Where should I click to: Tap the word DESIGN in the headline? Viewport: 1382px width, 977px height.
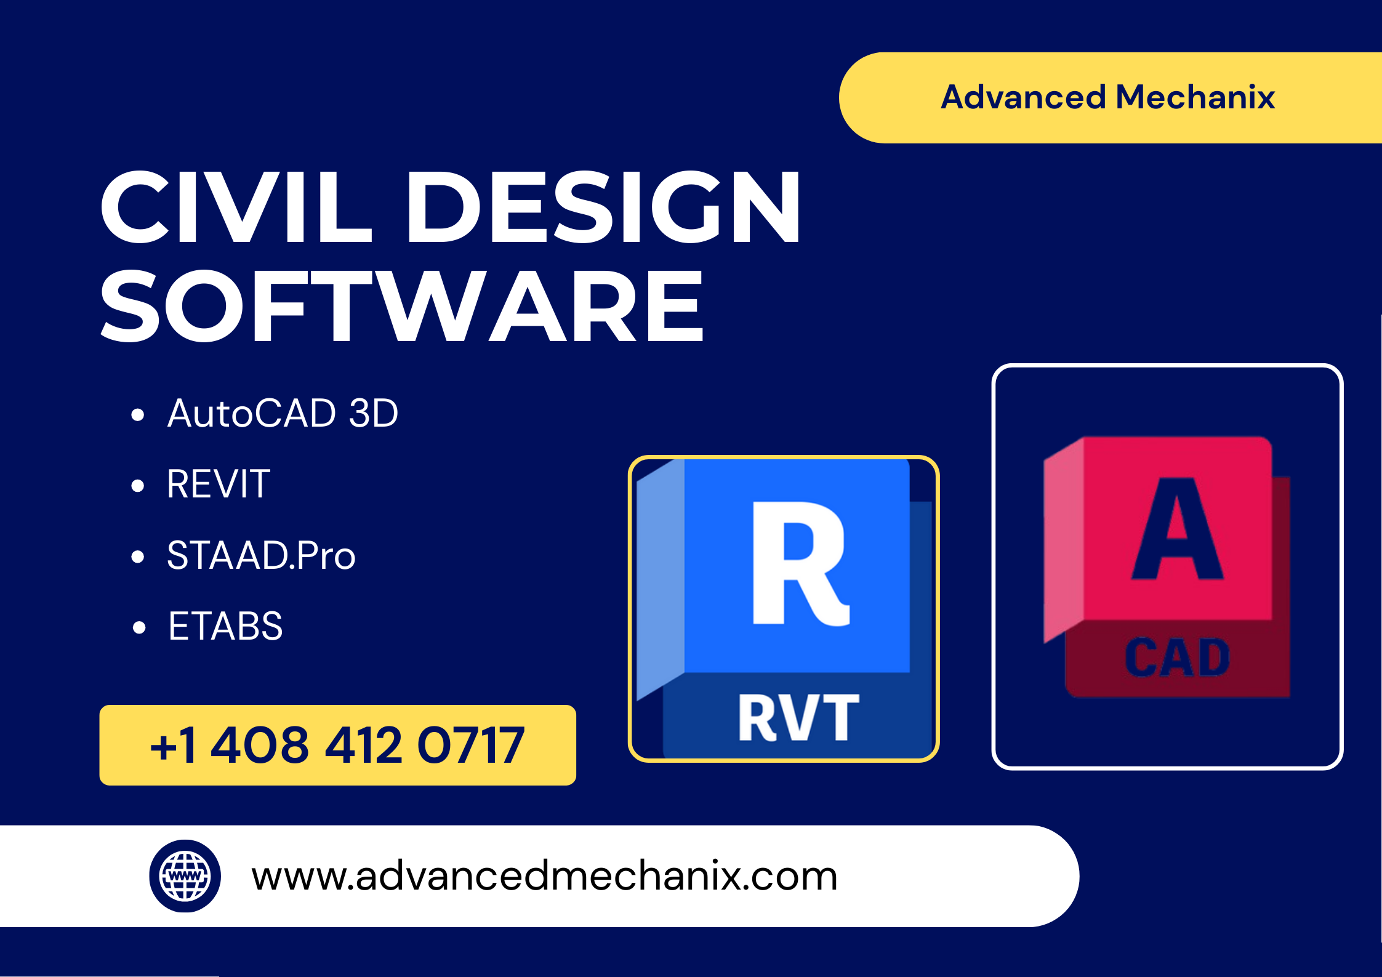[603, 207]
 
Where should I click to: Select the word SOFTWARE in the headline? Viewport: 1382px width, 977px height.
[401, 307]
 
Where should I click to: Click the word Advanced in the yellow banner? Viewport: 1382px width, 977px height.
[1023, 97]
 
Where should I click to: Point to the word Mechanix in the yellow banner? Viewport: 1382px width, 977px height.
[1195, 97]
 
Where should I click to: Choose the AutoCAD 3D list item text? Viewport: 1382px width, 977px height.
[283, 413]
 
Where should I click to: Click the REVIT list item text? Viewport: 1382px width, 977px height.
[219, 484]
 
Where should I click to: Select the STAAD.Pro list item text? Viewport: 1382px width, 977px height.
[261, 555]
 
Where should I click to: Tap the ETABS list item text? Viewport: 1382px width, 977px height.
[225, 626]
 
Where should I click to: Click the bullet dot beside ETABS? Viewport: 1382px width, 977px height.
[139, 628]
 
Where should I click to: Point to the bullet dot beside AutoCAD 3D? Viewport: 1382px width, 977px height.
[138, 415]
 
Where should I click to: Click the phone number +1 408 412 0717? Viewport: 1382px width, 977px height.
[337, 745]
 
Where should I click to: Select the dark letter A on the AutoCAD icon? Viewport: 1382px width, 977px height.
[1177, 529]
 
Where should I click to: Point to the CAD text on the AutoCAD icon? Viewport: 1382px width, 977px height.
[1177, 657]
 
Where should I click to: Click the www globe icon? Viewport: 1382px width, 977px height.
[185, 875]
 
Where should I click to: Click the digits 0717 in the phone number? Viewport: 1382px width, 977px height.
[471, 745]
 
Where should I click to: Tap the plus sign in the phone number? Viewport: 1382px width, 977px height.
[163, 747]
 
